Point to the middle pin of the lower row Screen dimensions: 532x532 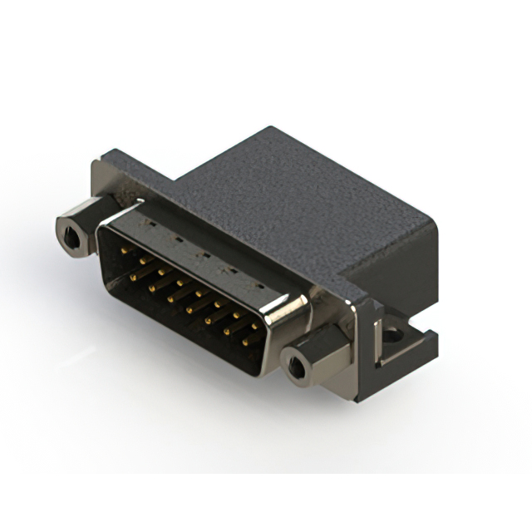pyautogui.click(x=190, y=306)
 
